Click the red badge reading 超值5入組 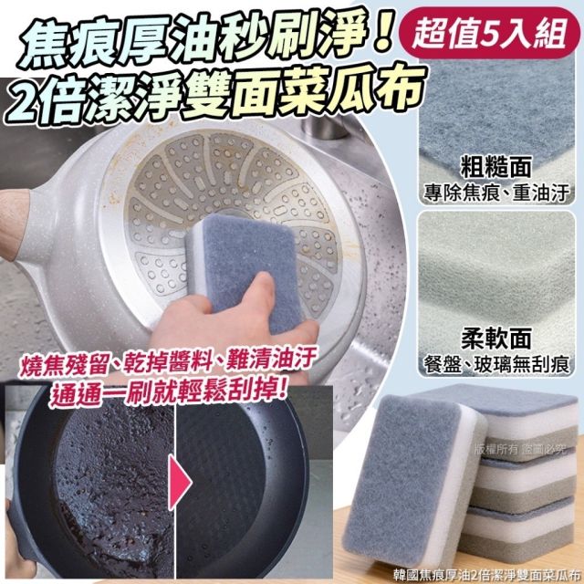[489, 34]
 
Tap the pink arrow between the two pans [181, 482]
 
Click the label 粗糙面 [495, 167]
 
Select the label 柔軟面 [495, 339]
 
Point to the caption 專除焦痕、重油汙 [496, 193]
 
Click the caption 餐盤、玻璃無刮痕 [496, 364]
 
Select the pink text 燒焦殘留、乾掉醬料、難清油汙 [168, 360]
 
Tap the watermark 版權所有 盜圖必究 [519, 450]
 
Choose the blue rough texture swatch [496, 108]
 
